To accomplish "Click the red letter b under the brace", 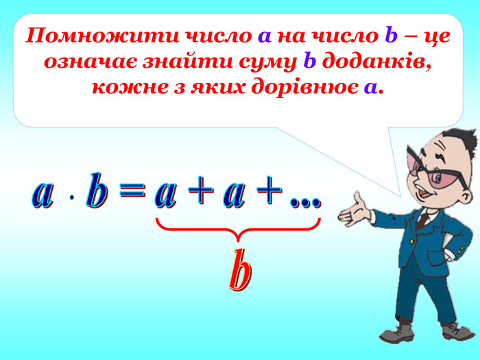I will point(239,272).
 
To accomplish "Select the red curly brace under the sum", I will point(238,230).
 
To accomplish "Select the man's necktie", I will point(423,219).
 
